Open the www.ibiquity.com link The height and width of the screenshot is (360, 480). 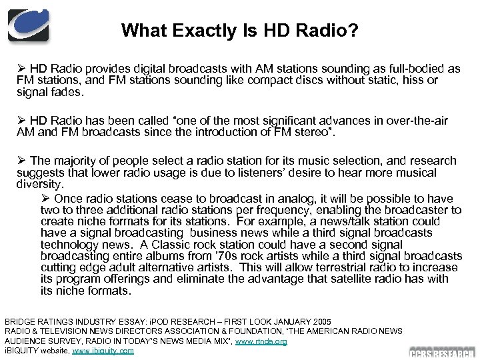point(103,351)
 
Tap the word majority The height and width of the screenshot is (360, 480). point(75,161)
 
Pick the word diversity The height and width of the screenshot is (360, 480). point(41,184)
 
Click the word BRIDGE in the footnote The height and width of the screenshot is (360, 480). point(21,321)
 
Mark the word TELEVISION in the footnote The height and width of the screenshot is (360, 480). point(67,331)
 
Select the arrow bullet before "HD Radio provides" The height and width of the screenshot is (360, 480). point(21,69)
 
